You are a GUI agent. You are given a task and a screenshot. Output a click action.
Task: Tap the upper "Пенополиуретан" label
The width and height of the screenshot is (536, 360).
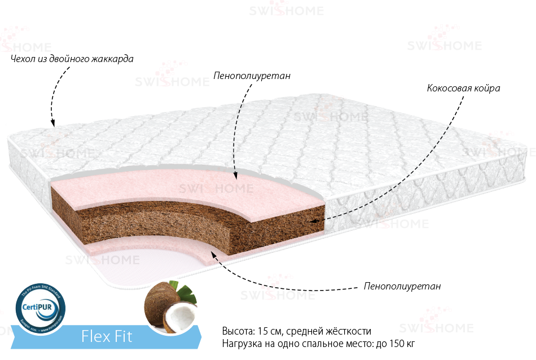pos(252,76)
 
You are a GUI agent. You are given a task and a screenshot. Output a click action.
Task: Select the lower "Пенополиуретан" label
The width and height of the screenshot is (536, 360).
pos(402,286)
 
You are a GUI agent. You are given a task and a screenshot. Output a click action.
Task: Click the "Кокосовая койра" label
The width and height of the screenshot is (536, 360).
pos(463,89)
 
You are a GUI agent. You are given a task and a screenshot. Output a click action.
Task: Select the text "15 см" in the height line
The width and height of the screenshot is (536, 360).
pos(267,331)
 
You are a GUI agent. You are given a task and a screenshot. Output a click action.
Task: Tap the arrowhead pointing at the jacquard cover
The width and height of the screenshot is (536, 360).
pos(52,123)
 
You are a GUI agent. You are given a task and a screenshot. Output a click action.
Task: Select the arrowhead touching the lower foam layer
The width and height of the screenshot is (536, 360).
pos(213,254)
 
